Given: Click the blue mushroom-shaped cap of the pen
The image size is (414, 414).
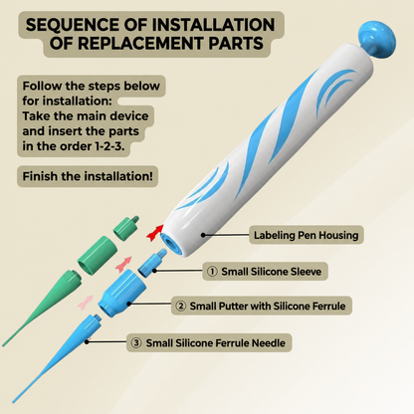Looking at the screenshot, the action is coord(377,38).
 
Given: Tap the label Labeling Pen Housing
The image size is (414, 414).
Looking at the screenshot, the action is coord(306,235).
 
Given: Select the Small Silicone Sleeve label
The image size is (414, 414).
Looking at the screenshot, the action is coord(272,272).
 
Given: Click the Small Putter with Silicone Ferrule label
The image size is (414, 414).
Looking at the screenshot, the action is coord(268,306).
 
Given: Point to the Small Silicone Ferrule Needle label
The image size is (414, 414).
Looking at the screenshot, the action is coord(216,343).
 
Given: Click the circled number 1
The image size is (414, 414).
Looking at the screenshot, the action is coord(212,272).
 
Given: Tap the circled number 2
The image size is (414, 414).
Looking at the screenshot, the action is coord(180,306).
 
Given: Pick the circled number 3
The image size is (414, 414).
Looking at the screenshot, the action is coord(136,343).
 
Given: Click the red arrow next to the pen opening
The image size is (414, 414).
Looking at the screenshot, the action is coord(155,232).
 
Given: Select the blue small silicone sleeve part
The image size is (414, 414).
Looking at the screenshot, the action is coord(152,263).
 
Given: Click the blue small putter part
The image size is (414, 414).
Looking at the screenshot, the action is coord(121,294).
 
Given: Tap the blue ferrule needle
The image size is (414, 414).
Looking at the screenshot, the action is coord(57,359).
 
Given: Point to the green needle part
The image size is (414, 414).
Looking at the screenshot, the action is coord(42,309).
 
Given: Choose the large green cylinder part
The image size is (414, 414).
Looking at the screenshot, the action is coord(98,255).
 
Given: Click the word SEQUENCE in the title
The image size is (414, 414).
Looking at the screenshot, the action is coord(73,25).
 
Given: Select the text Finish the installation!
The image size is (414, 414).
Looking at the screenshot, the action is coord(88,176).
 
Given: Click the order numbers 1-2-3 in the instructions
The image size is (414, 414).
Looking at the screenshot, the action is coord(109,146).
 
